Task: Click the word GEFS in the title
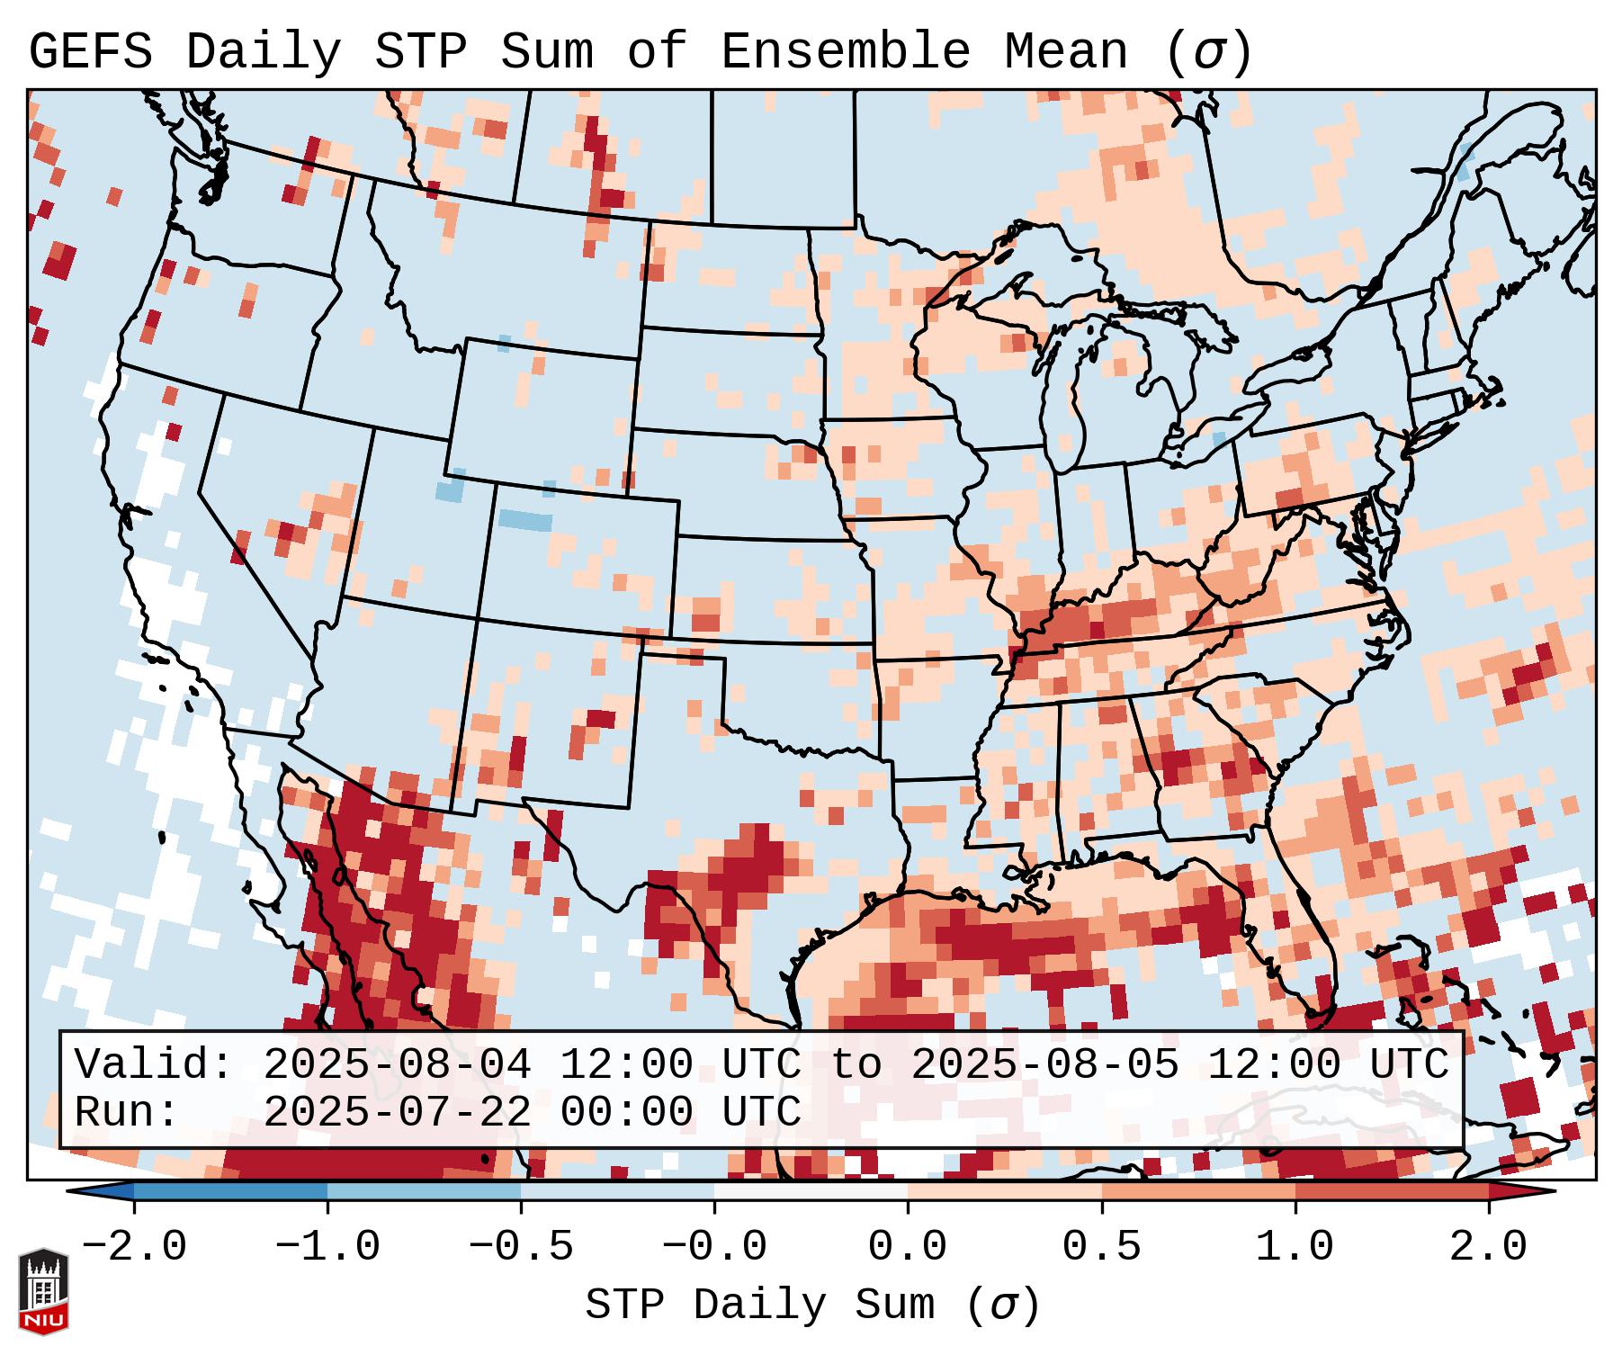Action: pos(90,52)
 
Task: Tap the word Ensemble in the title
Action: pos(845,52)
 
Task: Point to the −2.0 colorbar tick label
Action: pos(134,1247)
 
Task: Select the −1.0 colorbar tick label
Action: pos(327,1247)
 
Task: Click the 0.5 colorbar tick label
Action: pos(1101,1247)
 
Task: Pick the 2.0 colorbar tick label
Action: pos(1488,1247)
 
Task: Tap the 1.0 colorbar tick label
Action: pos(1295,1247)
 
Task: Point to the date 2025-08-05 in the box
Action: pos(1044,1064)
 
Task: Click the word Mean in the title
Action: pos(1065,52)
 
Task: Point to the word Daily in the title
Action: pos(263,52)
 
